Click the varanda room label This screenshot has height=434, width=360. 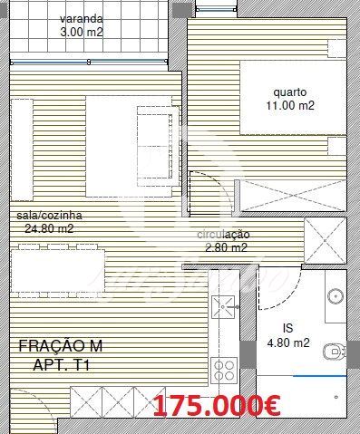82,19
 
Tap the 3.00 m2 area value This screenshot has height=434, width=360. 82,32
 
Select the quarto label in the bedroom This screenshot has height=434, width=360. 290,92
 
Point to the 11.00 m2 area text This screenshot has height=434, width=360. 290,105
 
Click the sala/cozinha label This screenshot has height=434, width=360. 49,216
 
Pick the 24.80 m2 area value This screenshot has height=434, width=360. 49,228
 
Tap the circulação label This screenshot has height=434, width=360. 223,235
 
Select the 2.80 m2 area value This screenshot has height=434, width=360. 226,248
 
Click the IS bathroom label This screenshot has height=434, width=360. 288,328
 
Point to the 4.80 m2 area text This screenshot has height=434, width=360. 288,342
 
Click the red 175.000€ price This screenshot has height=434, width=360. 217,406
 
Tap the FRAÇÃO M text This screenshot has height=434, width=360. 61,346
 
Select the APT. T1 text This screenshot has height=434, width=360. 62,366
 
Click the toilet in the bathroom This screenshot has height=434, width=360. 335,352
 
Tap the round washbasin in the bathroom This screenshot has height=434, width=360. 336,296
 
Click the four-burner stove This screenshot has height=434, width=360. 224,371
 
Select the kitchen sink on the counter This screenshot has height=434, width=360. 223,307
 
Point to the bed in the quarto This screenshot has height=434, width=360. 293,97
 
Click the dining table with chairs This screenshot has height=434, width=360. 58,271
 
